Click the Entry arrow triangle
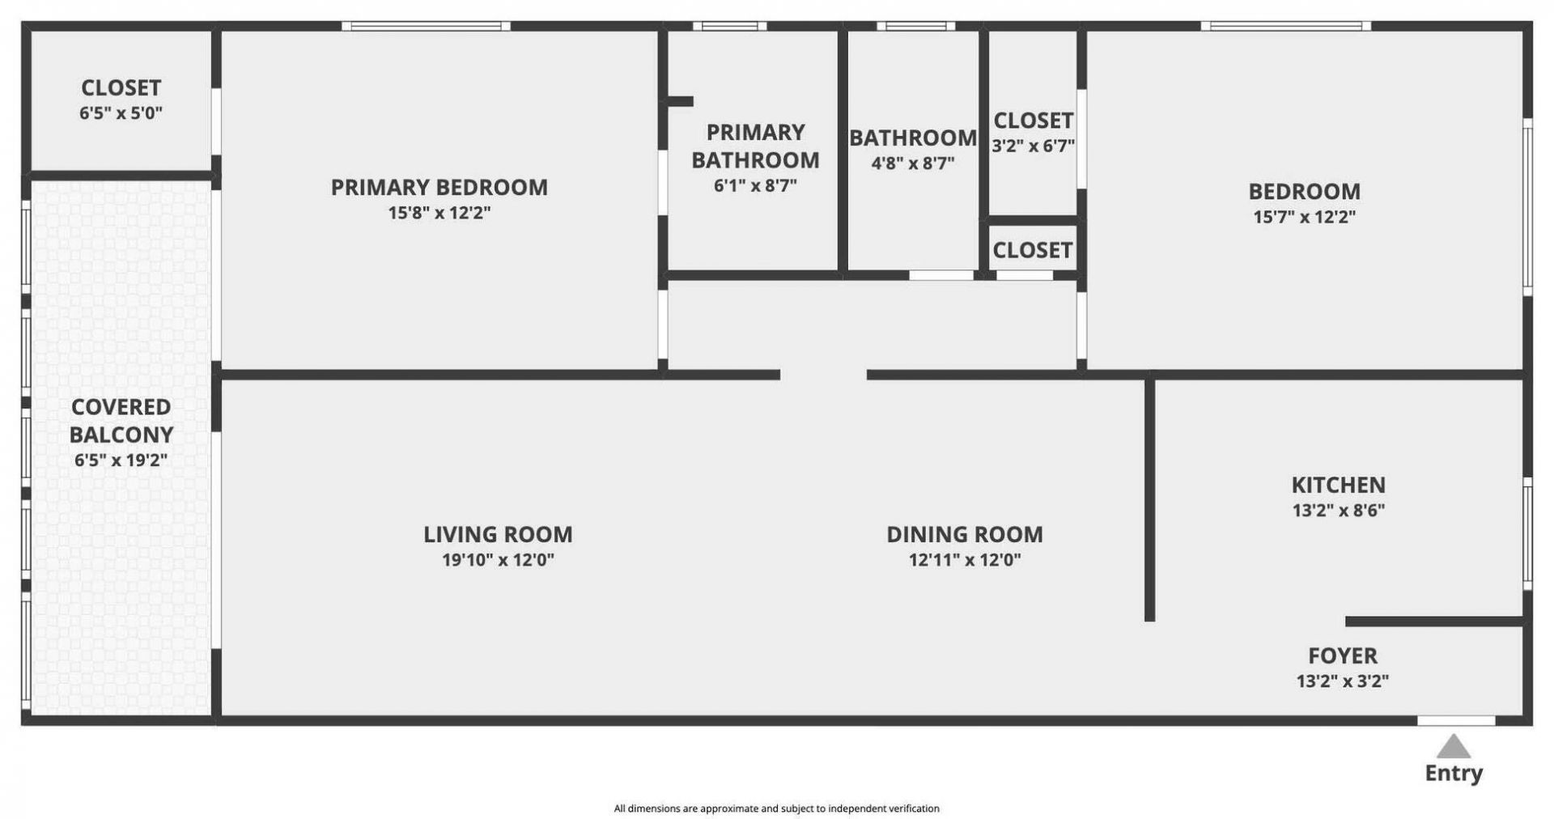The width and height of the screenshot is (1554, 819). [x=1454, y=747]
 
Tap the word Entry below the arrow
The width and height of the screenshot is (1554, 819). [x=1454, y=773]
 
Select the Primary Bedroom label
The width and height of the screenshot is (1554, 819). [x=439, y=188]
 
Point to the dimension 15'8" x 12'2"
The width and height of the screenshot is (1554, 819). [x=439, y=213]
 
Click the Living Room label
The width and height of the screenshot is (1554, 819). [x=498, y=534]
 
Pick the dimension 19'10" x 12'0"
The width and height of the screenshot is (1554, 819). [x=498, y=560]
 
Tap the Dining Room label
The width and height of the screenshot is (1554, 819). [x=964, y=534]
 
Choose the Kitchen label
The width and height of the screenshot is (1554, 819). [x=1338, y=485]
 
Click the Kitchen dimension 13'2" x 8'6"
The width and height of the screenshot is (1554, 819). [x=1338, y=511]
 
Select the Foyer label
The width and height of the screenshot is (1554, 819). [x=1342, y=656]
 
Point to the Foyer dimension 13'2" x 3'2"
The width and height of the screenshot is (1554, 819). [x=1342, y=681]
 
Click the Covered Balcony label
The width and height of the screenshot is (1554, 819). [x=121, y=421]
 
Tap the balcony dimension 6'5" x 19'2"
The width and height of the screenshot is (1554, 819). [x=121, y=460]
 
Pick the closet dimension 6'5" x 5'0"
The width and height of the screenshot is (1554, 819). [x=121, y=113]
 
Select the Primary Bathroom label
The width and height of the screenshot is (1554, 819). [x=754, y=146]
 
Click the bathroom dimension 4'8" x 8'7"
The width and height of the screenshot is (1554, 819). [x=912, y=163]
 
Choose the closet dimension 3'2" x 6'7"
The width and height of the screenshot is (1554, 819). [x=1033, y=146]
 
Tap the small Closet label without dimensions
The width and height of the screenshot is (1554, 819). [x=1032, y=251]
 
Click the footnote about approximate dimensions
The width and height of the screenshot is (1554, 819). [x=776, y=808]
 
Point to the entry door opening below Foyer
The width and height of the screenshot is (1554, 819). [x=1455, y=720]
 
